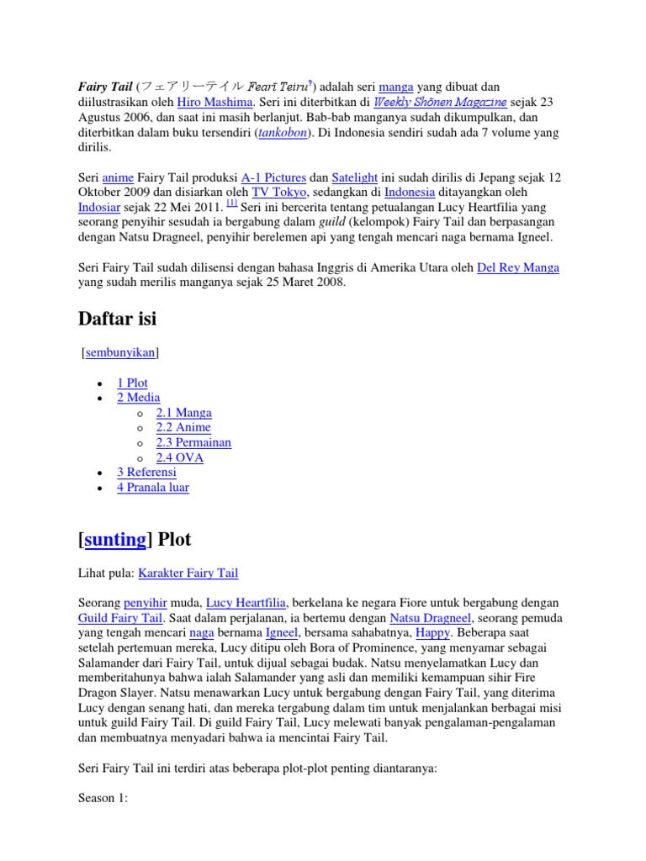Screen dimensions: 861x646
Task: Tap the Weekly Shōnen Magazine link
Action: pos(441,102)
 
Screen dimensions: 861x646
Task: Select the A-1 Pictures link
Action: pos(273,177)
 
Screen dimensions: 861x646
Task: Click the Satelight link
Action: pos(355,177)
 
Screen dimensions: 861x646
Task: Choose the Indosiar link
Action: pos(105,208)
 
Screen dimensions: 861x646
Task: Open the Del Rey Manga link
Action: pos(517,268)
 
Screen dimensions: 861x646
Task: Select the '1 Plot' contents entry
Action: pos(133,383)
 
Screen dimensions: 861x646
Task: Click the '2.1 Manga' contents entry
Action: pos(183,413)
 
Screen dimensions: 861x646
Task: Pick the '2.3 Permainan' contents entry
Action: pos(193,442)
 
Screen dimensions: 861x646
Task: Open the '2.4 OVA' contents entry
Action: pos(179,457)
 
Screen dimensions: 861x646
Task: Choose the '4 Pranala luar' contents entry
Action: pos(153,488)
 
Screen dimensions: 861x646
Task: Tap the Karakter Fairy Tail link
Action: pos(188,573)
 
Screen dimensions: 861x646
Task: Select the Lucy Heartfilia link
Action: pos(246,604)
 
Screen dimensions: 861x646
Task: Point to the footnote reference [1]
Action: pos(231,204)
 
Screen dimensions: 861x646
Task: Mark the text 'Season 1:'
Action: pos(103,799)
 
